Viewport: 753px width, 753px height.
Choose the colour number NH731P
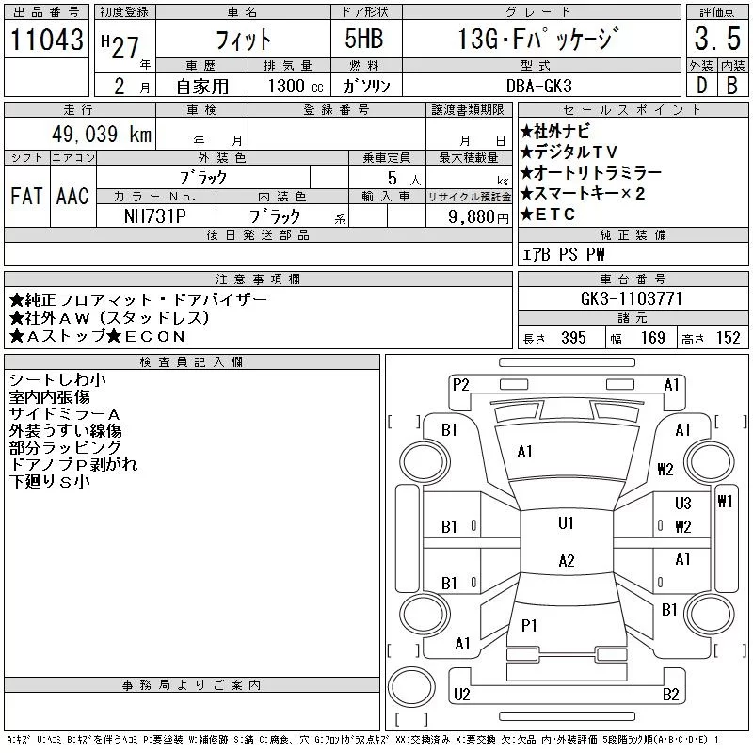pos(154,216)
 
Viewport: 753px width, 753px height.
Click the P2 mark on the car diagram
pos(460,384)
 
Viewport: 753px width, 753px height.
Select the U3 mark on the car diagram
pos(682,504)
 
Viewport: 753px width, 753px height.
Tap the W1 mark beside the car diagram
pos(724,502)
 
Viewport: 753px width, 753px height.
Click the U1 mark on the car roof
pos(566,523)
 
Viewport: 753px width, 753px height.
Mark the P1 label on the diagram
pos(529,625)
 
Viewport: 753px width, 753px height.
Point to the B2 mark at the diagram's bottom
pos(670,695)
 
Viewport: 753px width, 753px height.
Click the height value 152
pos(728,338)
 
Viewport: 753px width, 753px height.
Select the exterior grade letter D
pos(701,85)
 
